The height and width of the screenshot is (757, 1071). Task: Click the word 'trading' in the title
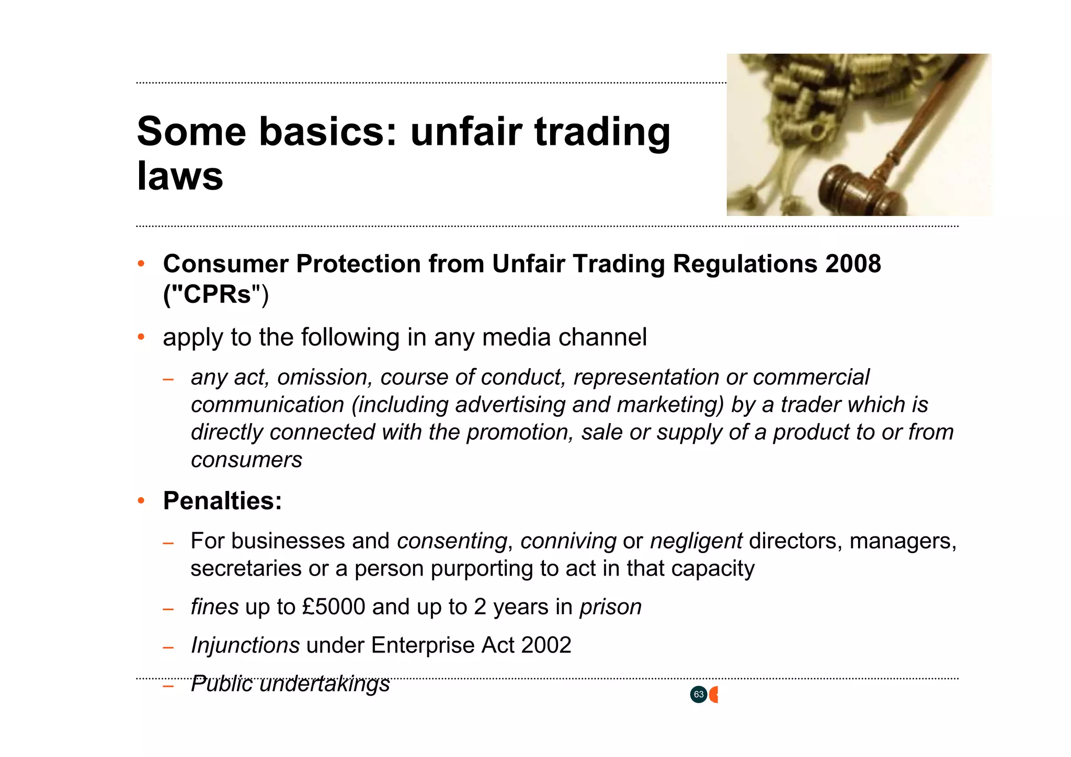(x=602, y=132)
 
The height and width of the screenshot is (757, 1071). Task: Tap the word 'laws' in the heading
(x=180, y=176)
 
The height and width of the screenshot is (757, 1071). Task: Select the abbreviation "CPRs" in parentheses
(x=217, y=294)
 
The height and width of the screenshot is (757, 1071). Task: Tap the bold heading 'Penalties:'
(x=222, y=501)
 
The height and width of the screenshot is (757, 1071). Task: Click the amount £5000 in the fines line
(x=333, y=607)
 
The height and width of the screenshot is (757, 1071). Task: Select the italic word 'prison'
(x=610, y=607)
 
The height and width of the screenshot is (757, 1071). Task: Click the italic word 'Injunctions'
(x=245, y=645)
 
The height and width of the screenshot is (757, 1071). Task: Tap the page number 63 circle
(x=698, y=695)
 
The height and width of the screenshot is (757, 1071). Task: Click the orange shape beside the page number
(x=714, y=695)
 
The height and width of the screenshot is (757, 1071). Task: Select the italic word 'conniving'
(x=568, y=541)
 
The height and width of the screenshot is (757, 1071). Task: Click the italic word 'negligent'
(x=696, y=541)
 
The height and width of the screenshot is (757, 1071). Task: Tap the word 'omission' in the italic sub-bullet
(x=324, y=377)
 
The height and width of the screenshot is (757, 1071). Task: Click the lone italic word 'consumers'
(x=246, y=460)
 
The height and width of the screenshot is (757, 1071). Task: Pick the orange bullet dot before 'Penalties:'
(x=141, y=501)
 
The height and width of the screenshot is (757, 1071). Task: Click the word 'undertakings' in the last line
(x=324, y=684)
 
